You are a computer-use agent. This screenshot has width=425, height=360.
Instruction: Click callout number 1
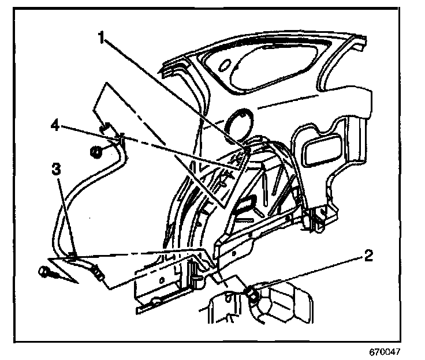coord(101,37)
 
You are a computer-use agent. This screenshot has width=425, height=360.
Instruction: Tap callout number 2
coord(368,256)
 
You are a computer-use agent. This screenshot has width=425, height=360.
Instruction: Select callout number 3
coord(56,169)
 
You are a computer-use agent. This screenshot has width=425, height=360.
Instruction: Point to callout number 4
coord(55,126)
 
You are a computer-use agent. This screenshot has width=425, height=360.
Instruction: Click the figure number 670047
coord(385,351)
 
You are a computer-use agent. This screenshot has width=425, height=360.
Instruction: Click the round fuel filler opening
coord(239,121)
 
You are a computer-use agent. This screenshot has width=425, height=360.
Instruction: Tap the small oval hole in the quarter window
coord(224,65)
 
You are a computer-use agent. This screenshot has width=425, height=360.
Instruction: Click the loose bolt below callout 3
coord(49,272)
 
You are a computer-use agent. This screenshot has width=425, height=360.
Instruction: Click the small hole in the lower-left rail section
coord(162,280)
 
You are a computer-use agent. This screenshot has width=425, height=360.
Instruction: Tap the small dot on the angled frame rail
coord(233,253)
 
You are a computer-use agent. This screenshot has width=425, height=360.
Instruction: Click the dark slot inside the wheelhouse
coord(246,204)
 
